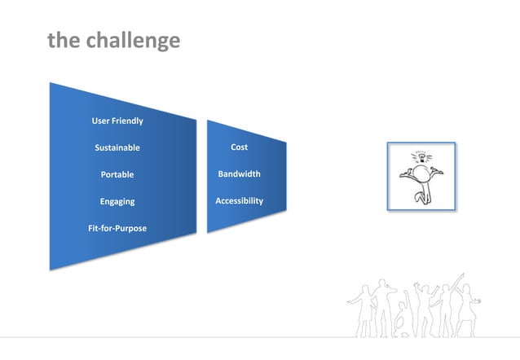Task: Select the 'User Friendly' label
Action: click(117, 121)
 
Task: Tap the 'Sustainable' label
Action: click(117, 148)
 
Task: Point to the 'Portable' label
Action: click(117, 174)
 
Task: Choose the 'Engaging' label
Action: click(117, 201)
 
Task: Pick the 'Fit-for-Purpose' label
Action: click(117, 228)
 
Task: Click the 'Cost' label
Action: click(239, 147)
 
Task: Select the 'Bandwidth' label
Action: click(239, 174)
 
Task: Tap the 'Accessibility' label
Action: click(239, 200)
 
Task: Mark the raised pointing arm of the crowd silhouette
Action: click(458, 280)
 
